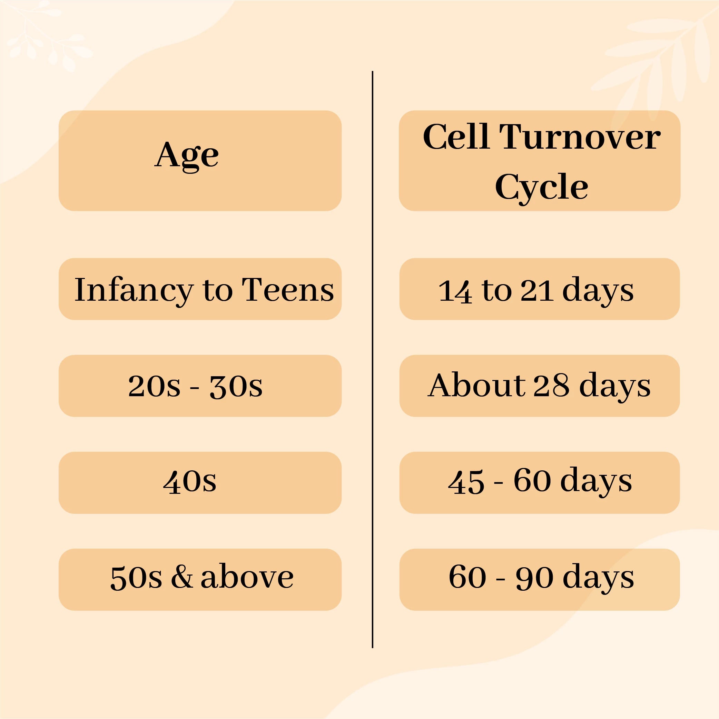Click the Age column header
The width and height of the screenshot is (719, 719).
pyautogui.click(x=200, y=161)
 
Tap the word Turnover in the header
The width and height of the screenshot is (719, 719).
pyautogui.click(x=580, y=137)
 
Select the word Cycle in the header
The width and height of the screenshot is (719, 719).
pyautogui.click(x=541, y=187)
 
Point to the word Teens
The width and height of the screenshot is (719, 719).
pyautogui.click(x=288, y=290)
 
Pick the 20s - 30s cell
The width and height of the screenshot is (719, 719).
pyautogui.click(x=200, y=386)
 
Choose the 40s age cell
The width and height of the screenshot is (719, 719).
pyautogui.click(x=200, y=483)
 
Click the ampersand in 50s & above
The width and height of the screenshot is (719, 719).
pyautogui.click(x=182, y=577)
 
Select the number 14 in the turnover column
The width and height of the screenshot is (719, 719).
pyautogui.click(x=455, y=291)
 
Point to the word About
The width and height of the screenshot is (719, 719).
pyautogui.click(x=477, y=385)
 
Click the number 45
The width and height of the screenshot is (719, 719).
pyautogui.click(x=466, y=482)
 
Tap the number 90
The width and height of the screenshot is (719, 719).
pyautogui.click(x=534, y=577)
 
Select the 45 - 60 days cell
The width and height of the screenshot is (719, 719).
pyautogui.click(x=540, y=483)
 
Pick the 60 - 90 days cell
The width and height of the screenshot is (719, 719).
pyautogui.click(x=540, y=579)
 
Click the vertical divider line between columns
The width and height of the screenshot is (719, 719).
pyautogui.click(x=372, y=359)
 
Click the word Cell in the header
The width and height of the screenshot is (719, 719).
pyautogui.click(x=456, y=137)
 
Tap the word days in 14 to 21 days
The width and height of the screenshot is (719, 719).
pyautogui.click(x=598, y=291)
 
